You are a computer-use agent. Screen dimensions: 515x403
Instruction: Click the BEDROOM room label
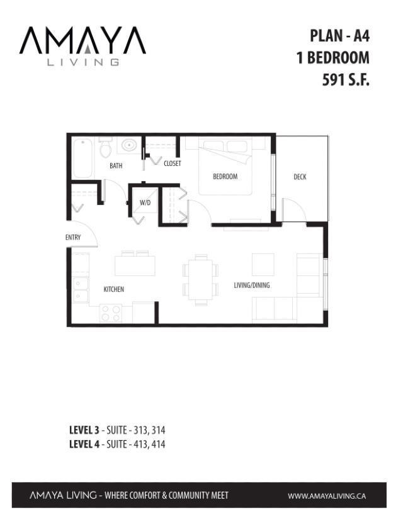tap(225, 177)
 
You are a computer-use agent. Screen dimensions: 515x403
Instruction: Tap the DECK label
tap(300, 177)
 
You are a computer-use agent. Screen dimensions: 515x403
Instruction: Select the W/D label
tap(145, 202)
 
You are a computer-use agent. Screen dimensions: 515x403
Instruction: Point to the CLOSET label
tap(172, 163)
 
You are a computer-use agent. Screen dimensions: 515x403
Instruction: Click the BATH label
tap(116, 166)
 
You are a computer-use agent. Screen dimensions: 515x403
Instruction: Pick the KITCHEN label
tap(113, 289)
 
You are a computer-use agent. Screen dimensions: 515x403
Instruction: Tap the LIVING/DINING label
tap(251, 285)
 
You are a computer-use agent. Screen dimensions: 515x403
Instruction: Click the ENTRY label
tap(73, 238)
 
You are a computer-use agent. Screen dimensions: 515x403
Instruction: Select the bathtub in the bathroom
tap(82, 158)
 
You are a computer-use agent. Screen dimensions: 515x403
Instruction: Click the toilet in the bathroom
tap(105, 148)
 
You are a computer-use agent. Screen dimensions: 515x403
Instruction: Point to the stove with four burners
tap(111, 313)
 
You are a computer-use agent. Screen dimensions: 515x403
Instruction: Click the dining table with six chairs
tap(201, 279)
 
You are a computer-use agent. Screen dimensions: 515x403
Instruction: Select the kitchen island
tap(135, 264)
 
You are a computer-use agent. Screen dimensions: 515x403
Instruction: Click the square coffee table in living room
tap(263, 263)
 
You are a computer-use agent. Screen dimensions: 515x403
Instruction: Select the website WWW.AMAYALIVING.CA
tap(326, 496)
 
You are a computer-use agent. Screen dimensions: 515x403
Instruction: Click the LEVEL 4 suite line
tap(117, 444)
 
